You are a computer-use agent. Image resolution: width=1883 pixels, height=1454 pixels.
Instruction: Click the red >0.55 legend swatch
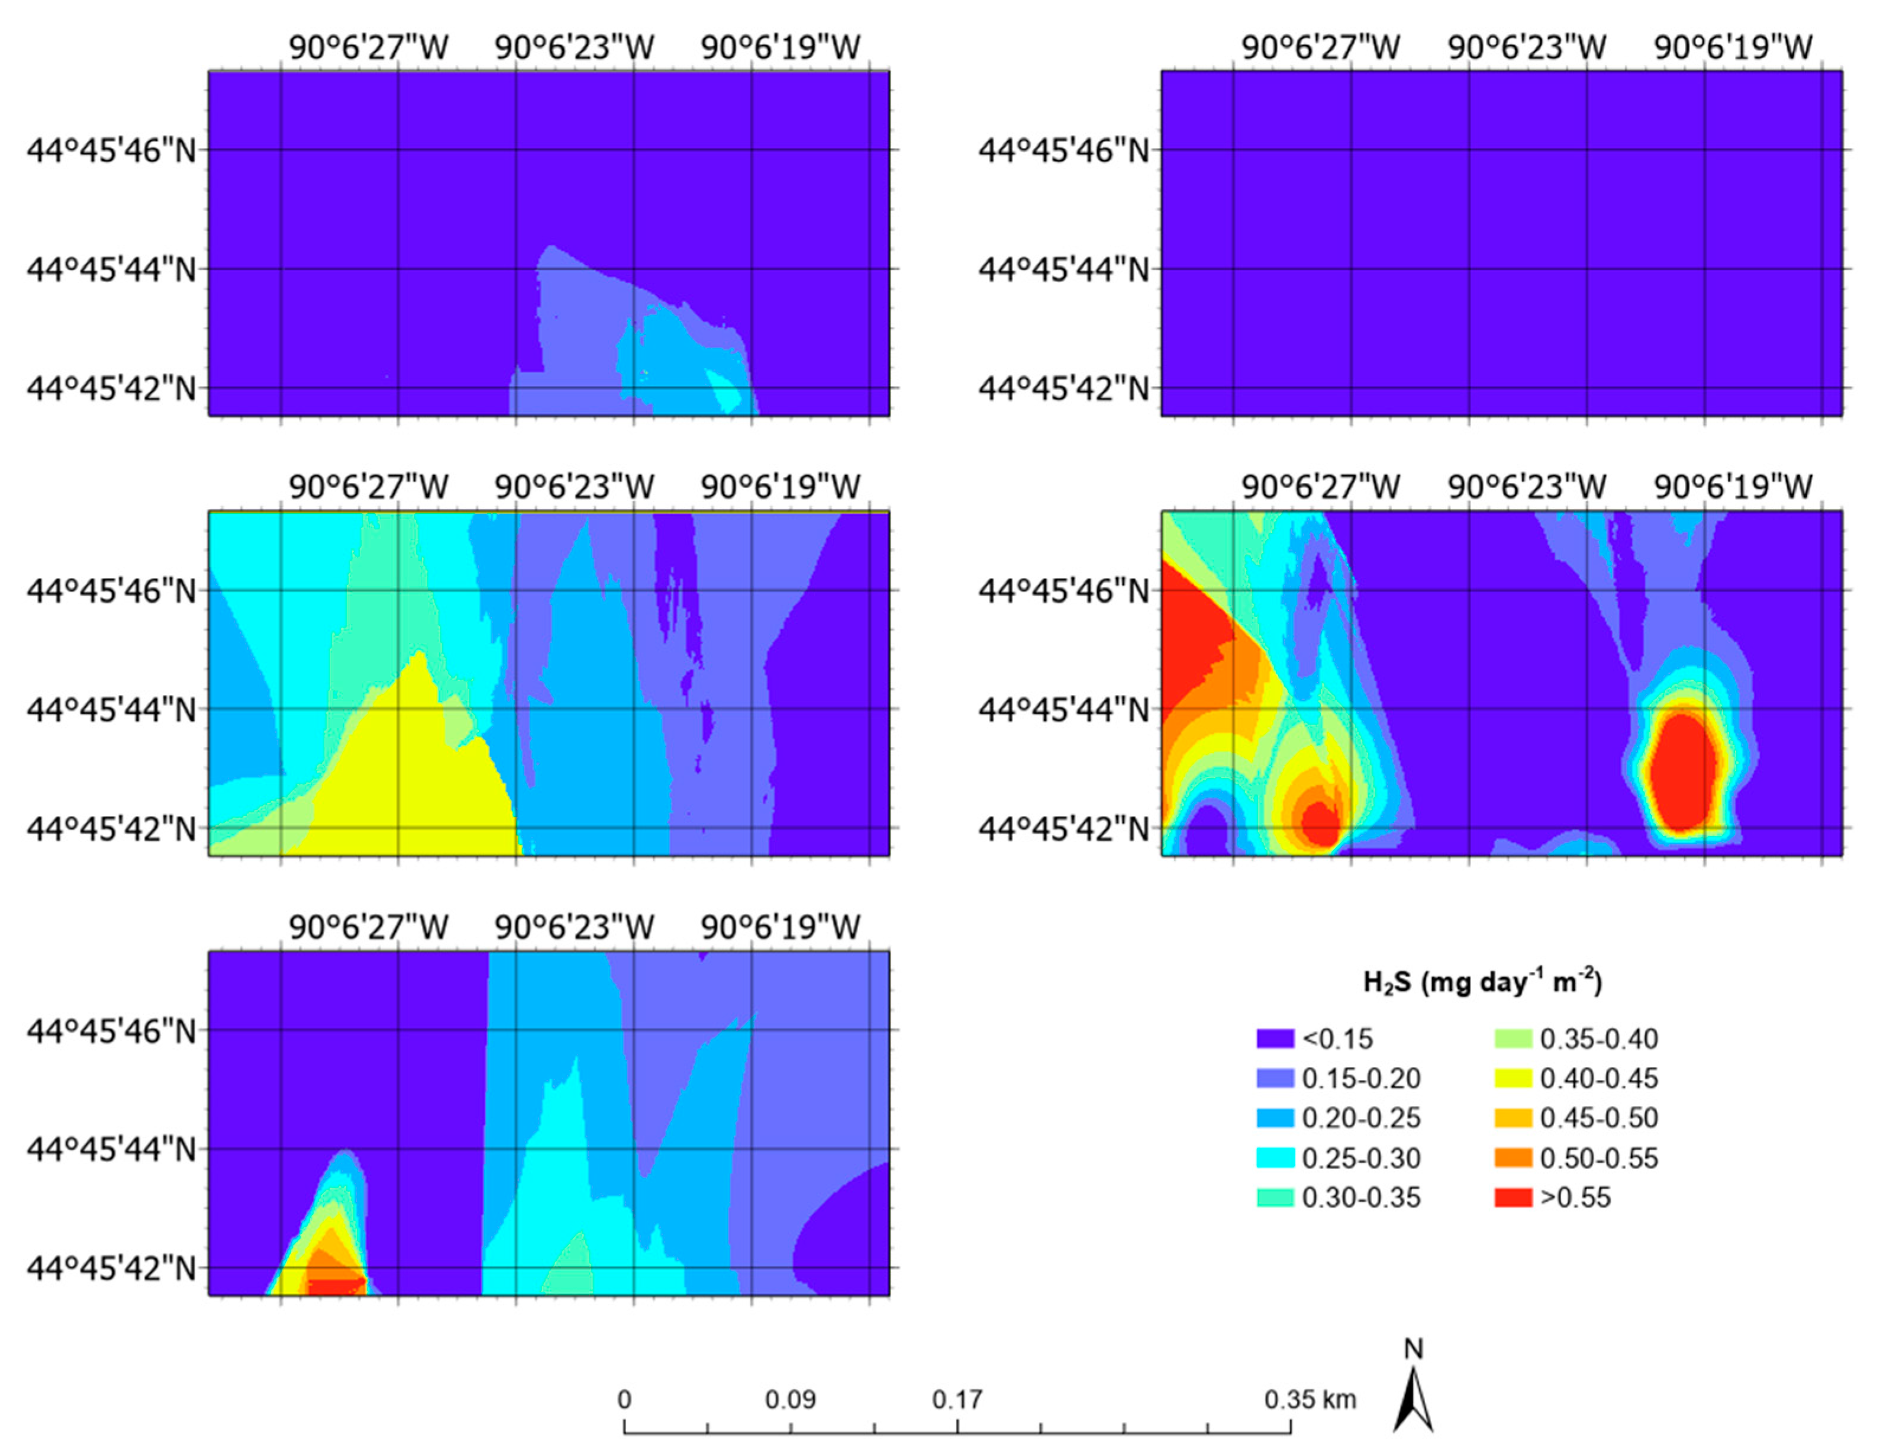(x=1513, y=1197)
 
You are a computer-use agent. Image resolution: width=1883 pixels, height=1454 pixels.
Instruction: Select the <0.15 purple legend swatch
(x=1275, y=1038)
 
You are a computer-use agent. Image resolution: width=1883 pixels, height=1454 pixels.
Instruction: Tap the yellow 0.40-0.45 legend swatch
(x=1513, y=1078)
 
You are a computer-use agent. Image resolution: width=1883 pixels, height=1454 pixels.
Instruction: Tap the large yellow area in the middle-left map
(x=414, y=776)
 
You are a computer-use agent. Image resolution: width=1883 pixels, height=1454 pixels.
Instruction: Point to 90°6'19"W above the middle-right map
(x=1733, y=487)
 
